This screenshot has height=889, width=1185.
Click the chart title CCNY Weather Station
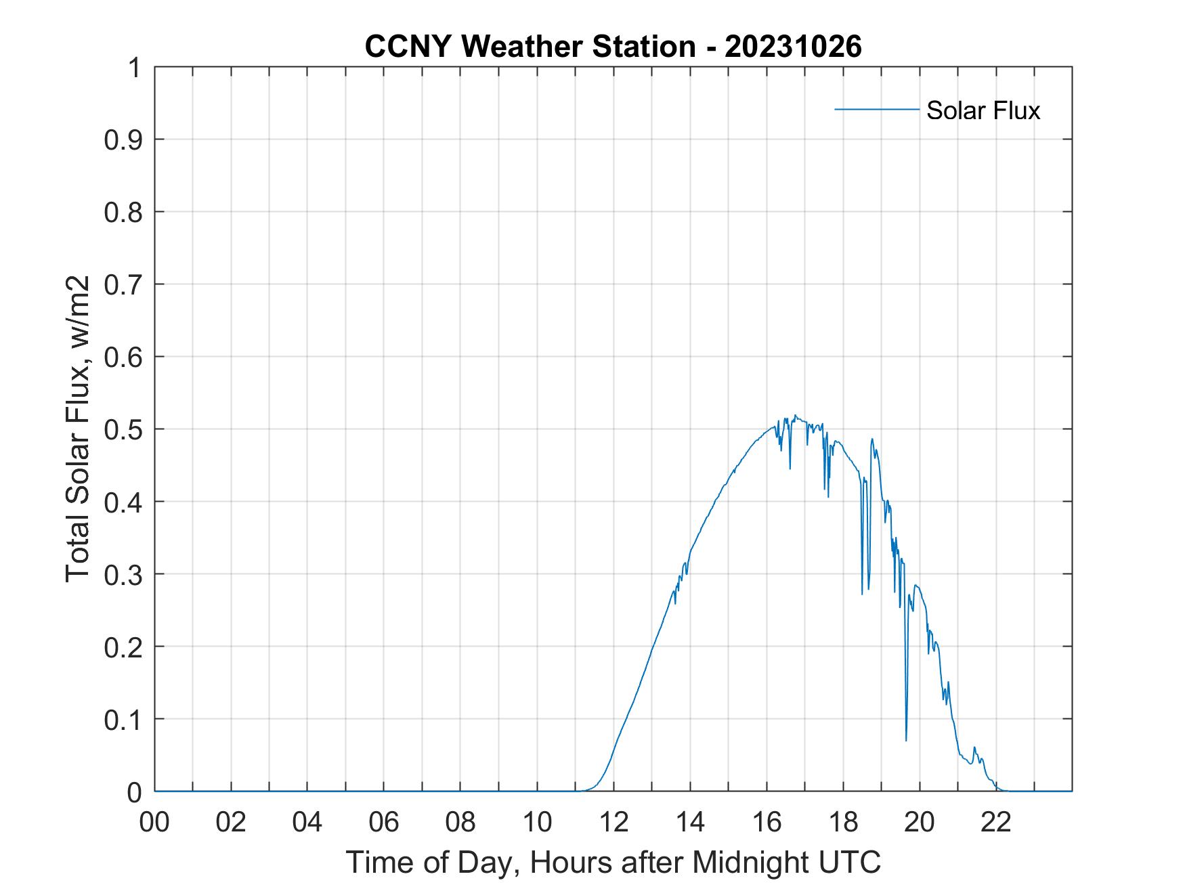click(x=529, y=47)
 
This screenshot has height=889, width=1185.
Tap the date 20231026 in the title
click(x=793, y=47)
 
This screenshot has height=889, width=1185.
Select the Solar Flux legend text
click(x=983, y=110)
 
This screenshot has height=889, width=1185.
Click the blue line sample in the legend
click(x=876, y=109)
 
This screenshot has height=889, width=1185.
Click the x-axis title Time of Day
click(x=613, y=862)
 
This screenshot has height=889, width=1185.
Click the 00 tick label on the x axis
click(x=154, y=822)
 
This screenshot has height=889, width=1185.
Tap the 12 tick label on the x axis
click(x=613, y=822)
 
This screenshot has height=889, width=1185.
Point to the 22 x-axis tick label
click(x=996, y=822)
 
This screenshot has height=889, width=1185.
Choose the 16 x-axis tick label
click(x=767, y=822)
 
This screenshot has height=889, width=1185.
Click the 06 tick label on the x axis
click(x=384, y=822)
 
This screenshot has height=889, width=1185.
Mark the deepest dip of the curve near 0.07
click(x=906, y=740)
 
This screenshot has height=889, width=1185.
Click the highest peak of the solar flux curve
click(x=795, y=416)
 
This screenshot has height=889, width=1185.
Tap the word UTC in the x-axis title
click(x=850, y=862)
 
